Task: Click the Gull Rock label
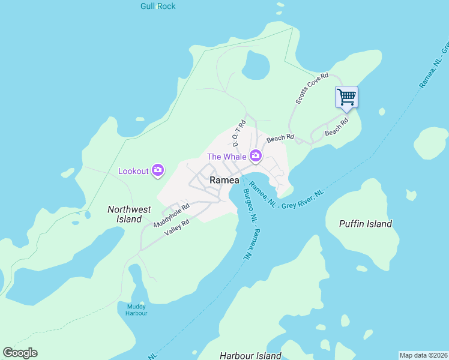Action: [x=158, y=6]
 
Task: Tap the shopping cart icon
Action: [x=346, y=97]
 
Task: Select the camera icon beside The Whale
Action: [x=256, y=157]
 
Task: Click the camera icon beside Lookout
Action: [x=158, y=171]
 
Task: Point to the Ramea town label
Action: [x=224, y=181]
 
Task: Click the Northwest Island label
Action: [x=129, y=214]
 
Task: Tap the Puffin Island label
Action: [x=365, y=224]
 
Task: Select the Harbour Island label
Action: [x=250, y=356]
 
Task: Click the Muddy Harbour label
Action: [x=136, y=310]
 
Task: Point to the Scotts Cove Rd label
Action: [x=312, y=88]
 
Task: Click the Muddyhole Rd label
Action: [x=171, y=215]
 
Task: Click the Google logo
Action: [x=20, y=353]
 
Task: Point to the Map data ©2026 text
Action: [x=423, y=355]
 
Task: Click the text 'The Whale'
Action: [x=227, y=157]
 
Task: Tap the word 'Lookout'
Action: [x=133, y=171]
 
